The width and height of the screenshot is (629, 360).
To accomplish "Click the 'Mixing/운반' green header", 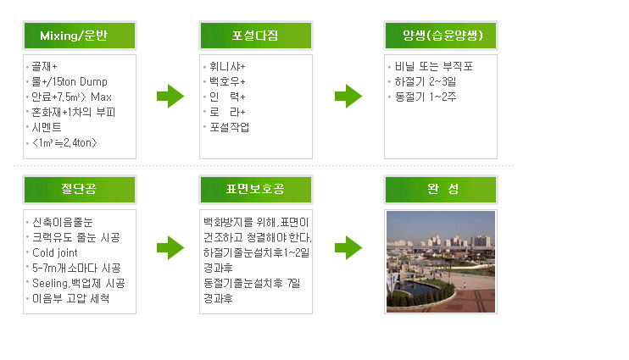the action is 80,36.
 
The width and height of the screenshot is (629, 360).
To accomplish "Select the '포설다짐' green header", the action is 256,36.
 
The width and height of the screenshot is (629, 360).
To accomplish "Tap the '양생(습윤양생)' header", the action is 441,36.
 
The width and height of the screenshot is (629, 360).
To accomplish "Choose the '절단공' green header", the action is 80,189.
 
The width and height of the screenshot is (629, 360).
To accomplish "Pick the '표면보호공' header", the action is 256,189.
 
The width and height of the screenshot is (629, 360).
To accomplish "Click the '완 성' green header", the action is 441,189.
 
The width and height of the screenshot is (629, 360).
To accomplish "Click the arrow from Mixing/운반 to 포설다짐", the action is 170,97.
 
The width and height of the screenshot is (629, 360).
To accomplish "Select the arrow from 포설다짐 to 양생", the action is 348,97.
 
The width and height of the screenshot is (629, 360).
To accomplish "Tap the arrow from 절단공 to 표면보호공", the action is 170,247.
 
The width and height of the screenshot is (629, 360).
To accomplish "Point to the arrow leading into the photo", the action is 348,247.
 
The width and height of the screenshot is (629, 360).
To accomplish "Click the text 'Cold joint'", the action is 55,253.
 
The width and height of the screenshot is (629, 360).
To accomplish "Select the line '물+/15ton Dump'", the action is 70,82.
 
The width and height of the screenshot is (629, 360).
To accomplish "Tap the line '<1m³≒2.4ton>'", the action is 64,142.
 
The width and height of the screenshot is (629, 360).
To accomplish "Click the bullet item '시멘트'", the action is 47,128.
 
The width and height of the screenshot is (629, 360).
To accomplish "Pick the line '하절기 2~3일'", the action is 426,82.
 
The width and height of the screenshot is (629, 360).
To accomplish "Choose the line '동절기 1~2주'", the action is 426,97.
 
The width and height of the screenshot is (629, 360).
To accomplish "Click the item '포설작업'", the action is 230,128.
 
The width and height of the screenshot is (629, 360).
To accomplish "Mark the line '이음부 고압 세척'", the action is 70,299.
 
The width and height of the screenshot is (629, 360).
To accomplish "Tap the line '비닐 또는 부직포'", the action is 434,67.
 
